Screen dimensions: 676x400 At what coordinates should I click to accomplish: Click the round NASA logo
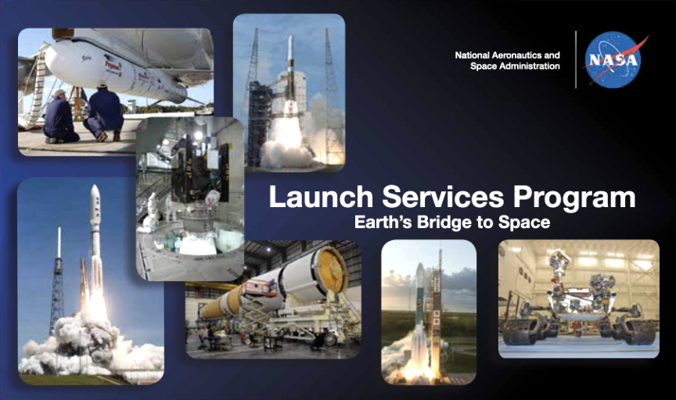click(613, 60)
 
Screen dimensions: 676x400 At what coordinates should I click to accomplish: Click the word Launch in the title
click(321, 197)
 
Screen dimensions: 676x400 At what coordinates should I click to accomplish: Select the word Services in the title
click(443, 197)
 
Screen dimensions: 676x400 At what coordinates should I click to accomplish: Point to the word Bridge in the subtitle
click(443, 223)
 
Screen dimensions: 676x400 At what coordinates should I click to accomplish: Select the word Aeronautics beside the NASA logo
click(517, 55)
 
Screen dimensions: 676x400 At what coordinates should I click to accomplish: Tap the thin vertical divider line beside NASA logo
click(576, 60)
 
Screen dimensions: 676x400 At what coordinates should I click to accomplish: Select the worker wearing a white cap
click(60, 116)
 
